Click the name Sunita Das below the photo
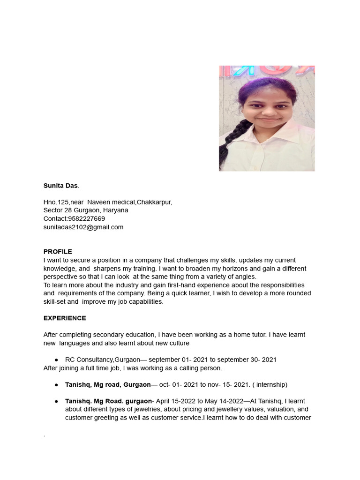tap(60, 186)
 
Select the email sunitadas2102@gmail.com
tap(83, 227)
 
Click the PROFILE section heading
tap(58, 252)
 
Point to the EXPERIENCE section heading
tap(65, 318)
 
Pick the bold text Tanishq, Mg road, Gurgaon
tap(108, 385)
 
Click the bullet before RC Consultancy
tap(56, 360)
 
